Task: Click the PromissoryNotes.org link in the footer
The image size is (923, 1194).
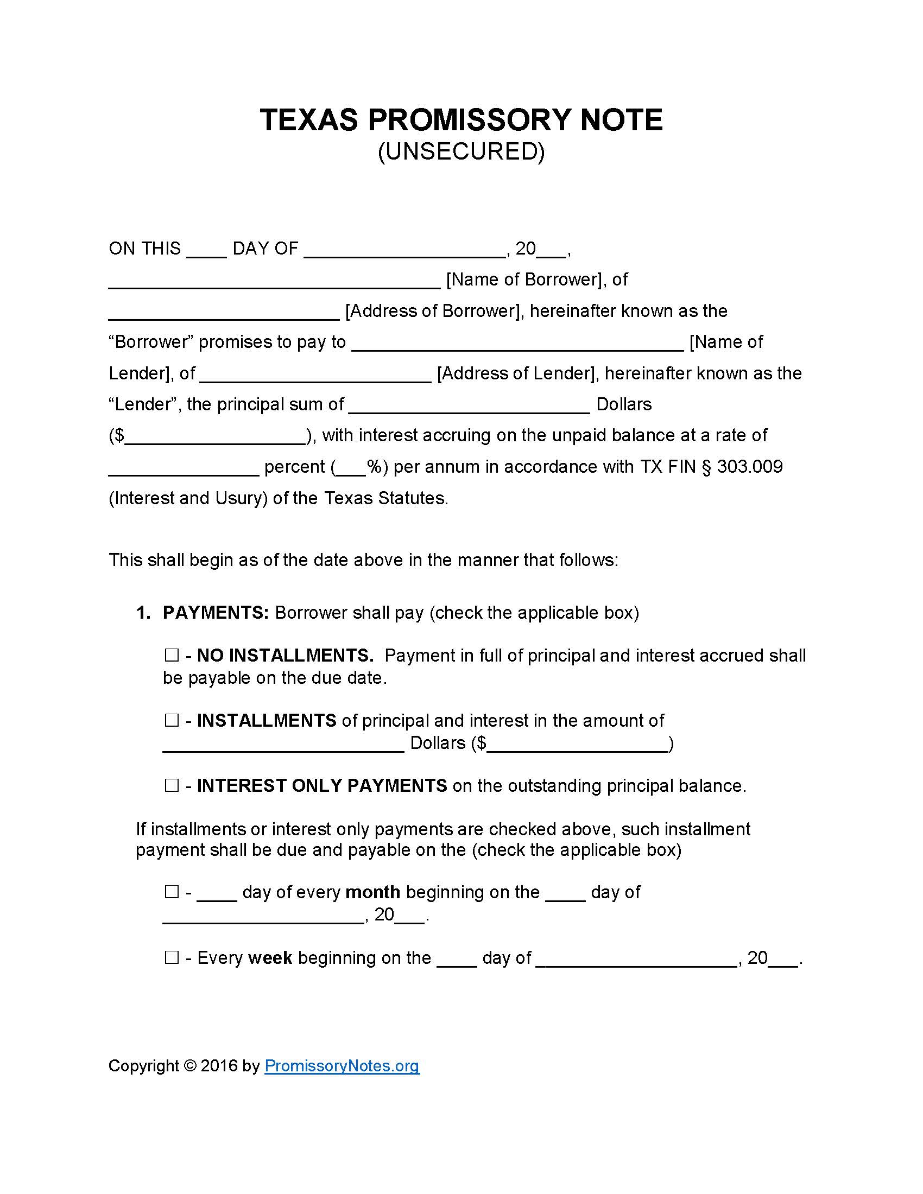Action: point(342,1065)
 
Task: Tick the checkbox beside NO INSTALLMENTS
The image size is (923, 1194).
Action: point(172,655)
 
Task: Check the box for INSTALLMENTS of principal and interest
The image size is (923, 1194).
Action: point(172,721)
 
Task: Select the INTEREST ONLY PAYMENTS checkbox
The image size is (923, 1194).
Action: point(172,786)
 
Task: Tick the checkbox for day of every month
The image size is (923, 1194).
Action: point(172,892)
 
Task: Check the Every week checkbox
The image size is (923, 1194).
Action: point(172,957)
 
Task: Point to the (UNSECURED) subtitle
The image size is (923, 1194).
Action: point(461,151)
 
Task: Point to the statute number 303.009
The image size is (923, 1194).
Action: point(750,467)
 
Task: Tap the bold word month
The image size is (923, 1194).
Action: point(373,892)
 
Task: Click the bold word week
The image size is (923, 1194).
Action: point(270,958)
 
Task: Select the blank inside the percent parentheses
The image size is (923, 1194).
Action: point(350,471)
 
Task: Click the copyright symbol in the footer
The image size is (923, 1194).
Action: point(189,1066)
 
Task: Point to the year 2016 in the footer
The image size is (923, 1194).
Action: point(219,1066)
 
